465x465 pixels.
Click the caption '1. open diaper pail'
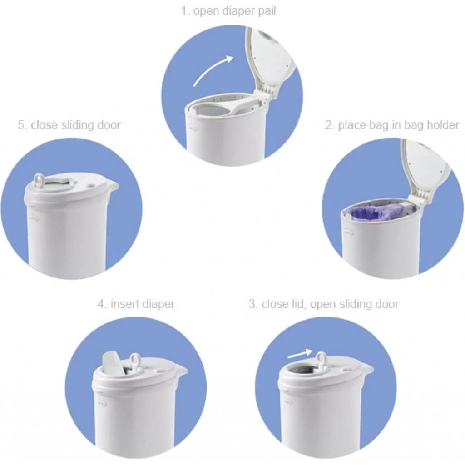(228, 11)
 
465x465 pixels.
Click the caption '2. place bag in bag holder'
(392, 125)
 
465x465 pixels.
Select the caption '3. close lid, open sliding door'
(323, 304)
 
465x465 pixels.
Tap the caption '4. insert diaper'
(136, 304)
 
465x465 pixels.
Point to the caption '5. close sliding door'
(69, 125)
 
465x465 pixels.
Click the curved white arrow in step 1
(213, 70)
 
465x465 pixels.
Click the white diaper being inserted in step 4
(112, 361)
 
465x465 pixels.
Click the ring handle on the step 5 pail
(39, 180)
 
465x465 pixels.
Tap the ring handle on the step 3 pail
(322, 359)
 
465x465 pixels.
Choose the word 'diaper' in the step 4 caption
(158, 304)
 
